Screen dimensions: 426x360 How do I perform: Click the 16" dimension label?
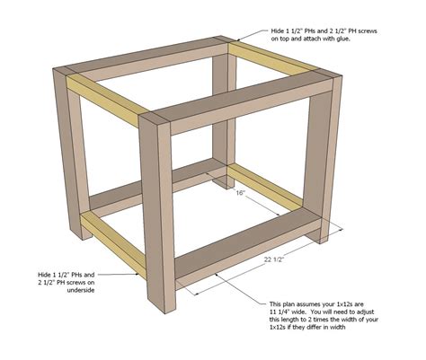point(240,193)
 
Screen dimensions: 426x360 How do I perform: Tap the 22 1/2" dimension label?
point(274,259)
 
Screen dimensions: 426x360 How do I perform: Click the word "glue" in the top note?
point(342,39)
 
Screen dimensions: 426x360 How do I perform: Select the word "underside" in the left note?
point(81,290)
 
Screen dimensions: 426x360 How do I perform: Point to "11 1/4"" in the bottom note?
point(280,312)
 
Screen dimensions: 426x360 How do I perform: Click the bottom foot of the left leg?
point(84,234)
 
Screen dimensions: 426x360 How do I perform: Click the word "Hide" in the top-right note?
point(277,31)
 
